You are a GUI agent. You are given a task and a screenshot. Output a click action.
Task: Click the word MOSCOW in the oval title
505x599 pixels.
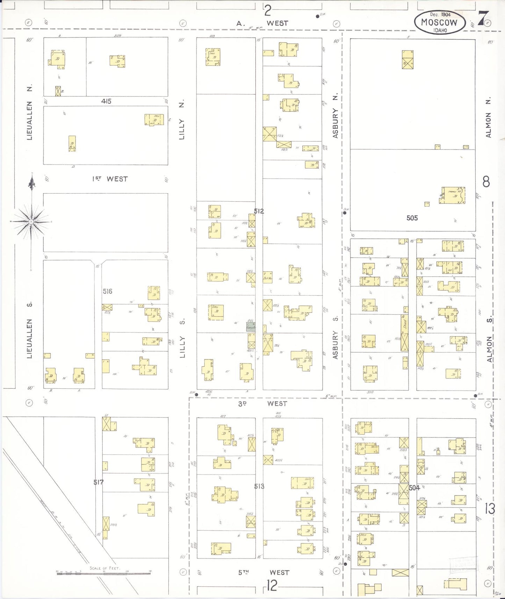coord(439,22)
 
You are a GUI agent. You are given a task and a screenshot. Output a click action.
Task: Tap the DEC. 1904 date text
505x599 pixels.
coord(440,14)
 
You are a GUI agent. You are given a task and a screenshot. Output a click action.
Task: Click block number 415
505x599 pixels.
coord(106,101)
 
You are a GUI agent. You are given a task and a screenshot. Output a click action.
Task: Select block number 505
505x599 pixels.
coord(412,218)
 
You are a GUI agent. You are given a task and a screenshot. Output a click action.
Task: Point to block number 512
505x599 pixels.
coord(259,211)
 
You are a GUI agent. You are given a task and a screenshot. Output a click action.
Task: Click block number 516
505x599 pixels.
coord(108,291)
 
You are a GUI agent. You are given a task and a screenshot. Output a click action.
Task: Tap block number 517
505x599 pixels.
coord(99,482)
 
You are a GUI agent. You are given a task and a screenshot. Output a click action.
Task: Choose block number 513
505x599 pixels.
coord(259,486)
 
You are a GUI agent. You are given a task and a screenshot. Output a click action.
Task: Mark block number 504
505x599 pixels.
coord(414,488)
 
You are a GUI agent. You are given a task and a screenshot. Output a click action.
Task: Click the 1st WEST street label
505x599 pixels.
coord(110,179)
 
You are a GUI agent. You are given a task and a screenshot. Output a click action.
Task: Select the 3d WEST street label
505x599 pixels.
coord(262,404)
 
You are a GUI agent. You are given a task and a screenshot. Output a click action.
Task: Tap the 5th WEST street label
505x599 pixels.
coord(264,572)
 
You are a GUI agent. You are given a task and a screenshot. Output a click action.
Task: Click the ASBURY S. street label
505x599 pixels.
coord(336,338)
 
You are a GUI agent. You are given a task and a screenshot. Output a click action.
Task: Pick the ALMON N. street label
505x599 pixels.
coord(488,117)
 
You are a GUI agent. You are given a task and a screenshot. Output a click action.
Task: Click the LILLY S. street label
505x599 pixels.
coord(182,338)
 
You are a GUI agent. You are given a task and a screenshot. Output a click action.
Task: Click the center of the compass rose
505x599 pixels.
coord(31,222)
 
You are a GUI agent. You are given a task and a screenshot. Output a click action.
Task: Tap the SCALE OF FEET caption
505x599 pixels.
coord(104,568)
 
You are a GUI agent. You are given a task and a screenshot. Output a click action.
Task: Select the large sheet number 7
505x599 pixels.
coord(483,18)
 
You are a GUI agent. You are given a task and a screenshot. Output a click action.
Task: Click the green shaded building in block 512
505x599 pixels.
coord(251,327)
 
